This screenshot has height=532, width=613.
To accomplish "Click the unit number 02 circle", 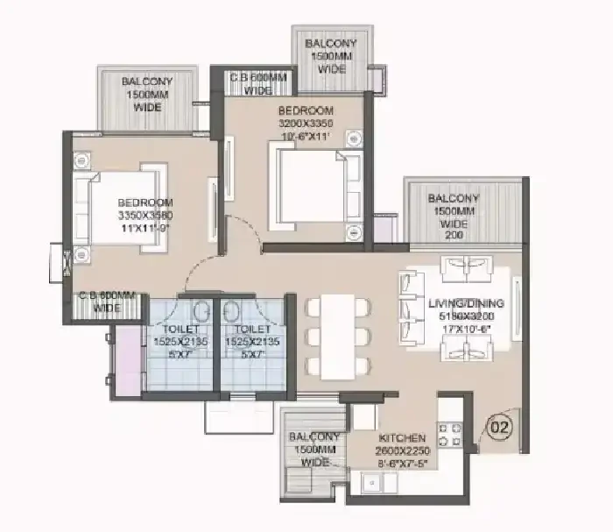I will coord(498,429).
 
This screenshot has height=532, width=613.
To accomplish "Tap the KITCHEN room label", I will coord(402,437).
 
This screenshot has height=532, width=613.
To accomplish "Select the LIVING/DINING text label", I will coord(463,304).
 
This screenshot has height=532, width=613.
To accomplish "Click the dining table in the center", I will coord(338,337).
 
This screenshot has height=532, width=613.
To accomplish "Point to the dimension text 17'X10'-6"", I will coord(463,330).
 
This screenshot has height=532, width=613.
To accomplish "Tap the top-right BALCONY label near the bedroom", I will coord(331,44).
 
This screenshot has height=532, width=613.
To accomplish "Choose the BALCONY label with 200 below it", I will coord(454,198).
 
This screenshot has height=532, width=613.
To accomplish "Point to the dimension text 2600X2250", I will coord(402,450).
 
